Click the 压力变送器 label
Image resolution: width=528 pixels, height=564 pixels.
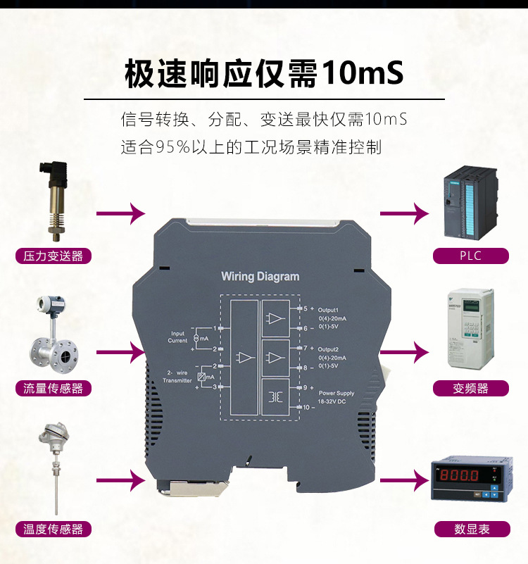coord(54,256)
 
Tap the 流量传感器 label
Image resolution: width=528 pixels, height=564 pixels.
coord(54,388)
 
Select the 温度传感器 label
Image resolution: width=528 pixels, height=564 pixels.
coord(54,529)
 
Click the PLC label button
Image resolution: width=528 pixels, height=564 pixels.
coord(470,255)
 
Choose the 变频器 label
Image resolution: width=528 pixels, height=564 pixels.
coord(470,388)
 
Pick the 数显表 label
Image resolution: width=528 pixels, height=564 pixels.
coord(470,529)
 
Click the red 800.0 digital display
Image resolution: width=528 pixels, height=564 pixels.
coord(470,478)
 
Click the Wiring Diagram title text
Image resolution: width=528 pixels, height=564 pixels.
coord(260,276)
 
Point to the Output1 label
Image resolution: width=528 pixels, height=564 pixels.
coord(328,310)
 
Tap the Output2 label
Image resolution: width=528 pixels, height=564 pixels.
coord(328,349)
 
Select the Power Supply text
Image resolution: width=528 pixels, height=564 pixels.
coord(337,393)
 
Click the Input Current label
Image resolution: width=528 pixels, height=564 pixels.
coord(177,337)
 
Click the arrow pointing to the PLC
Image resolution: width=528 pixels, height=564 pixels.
coord(404,213)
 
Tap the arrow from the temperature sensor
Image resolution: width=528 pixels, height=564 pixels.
coord(120,481)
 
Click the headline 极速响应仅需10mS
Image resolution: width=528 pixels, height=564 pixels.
coord(263,74)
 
